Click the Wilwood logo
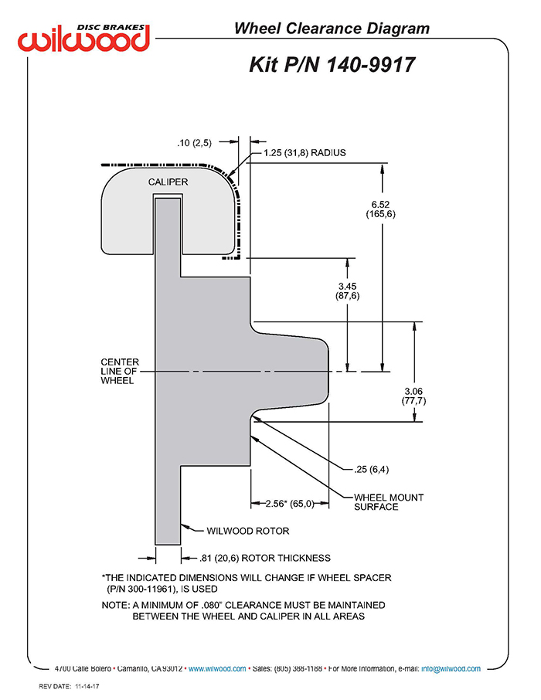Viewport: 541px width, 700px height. pyautogui.click(x=83, y=38)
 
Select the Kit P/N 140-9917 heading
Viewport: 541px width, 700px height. pyautogui.click(x=332, y=64)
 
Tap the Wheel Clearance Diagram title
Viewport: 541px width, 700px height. pyautogui.click(x=332, y=28)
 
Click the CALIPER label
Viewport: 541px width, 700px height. pyautogui.click(x=168, y=182)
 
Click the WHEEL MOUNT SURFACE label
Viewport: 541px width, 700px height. pyautogui.click(x=388, y=501)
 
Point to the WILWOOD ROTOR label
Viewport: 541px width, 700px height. pyautogui.click(x=248, y=531)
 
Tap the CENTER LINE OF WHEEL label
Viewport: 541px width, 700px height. pyautogui.click(x=120, y=371)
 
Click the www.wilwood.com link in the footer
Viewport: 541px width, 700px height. pyautogui.click(x=217, y=668)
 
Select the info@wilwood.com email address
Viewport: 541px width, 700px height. pyautogui.click(x=451, y=668)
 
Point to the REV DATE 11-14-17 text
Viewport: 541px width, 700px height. pyautogui.click(x=69, y=686)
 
